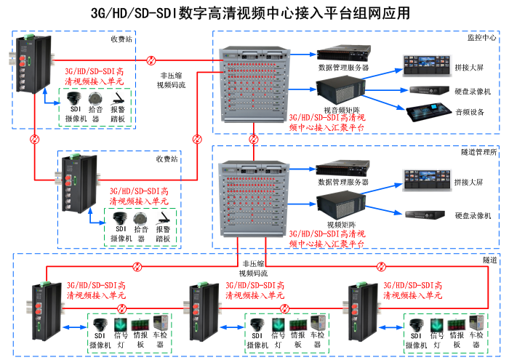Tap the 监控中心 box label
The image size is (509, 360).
[x=481, y=37]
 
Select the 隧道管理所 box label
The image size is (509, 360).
[x=478, y=152]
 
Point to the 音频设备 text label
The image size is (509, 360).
[x=470, y=112]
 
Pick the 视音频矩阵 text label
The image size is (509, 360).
[x=337, y=109]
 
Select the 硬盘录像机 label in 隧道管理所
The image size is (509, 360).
[x=473, y=215]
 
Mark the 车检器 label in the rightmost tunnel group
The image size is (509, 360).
[x=476, y=340]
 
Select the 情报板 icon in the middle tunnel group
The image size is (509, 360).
[x=297, y=324]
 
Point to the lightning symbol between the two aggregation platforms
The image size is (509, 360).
[x=254, y=137]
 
